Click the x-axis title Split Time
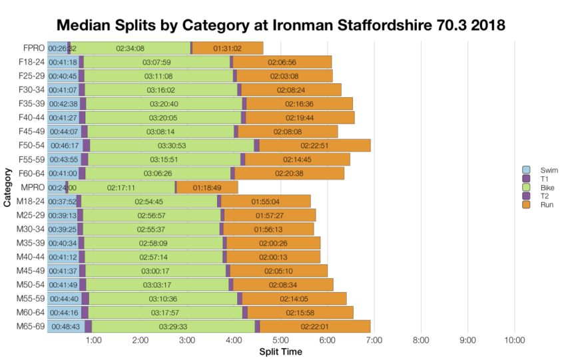pyautogui.click(x=280, y=351)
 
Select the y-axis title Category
pyautogui.click(x=7, y=187)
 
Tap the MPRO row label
pyautogui.click(x=32, y=187)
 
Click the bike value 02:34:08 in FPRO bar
pyautogui.click(x=131, y=48)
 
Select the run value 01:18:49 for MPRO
pyautogui.click(x=208, y=188)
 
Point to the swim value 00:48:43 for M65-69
pyautogui.click(x=65, y=327)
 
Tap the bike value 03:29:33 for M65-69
pyautogui.click(x=173, y=327)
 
